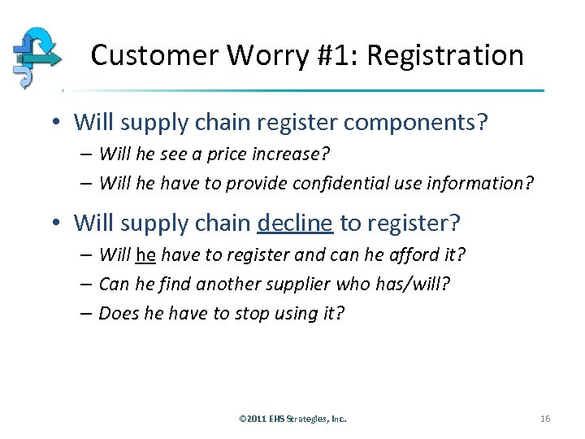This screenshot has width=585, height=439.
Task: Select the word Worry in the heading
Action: [x=260, y=56]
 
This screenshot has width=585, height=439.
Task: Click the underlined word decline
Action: [x=295, y=221]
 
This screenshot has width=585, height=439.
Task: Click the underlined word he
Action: [x=145, y=254]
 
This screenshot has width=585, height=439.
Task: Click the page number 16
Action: [x=545, y=419]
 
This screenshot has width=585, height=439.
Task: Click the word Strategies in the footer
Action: [x=301, y=419]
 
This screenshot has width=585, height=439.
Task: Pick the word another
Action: [x=230, y=284]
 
